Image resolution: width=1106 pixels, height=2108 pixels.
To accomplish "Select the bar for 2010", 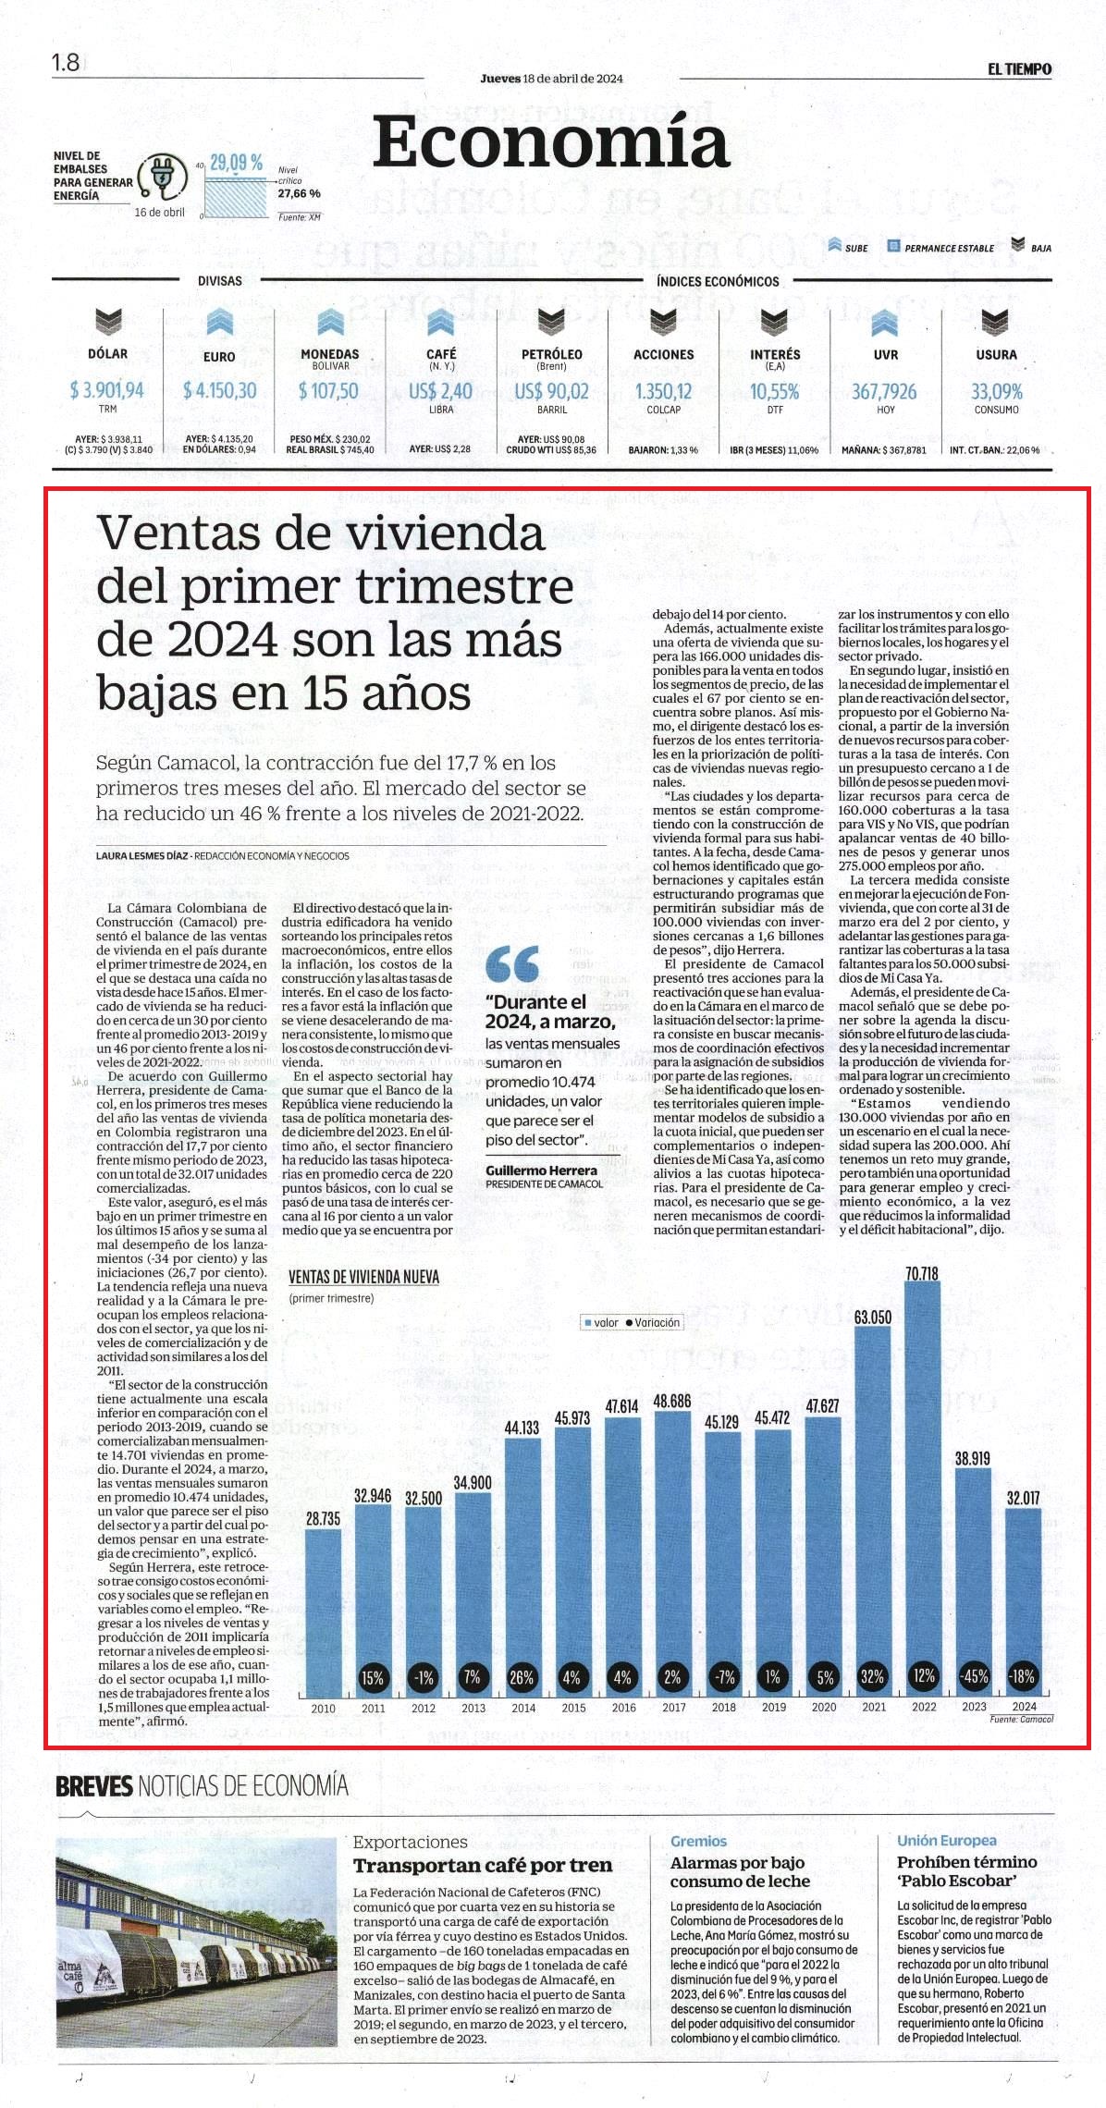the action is [323, 1613].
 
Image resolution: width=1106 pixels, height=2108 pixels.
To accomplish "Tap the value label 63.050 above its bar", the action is [873, 1317].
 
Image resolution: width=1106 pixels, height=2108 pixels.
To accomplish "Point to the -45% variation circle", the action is [973, 1676].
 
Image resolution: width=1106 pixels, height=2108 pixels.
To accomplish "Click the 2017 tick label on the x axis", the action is [673, 1707].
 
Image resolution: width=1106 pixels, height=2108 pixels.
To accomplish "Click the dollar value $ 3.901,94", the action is [107, 390].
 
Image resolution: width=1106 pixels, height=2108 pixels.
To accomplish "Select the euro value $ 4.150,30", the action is [219, 390].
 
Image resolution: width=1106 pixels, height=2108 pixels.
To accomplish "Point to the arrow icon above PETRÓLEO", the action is [552, 323].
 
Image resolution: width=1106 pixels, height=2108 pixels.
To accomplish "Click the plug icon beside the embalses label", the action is [162, 175].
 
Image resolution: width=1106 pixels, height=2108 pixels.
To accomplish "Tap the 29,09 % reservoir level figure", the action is [236, 164].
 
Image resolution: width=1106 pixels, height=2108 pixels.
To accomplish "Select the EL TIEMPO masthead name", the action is [1019, 68].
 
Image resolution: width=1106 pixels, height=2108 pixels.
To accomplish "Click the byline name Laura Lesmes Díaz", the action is [142, 855].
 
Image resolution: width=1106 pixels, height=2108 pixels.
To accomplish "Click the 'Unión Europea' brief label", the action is [946, 1840].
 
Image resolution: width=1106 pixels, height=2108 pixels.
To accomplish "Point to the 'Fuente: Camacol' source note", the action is [1021, 1718].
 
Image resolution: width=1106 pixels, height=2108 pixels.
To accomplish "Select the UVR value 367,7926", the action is [884, 391].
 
